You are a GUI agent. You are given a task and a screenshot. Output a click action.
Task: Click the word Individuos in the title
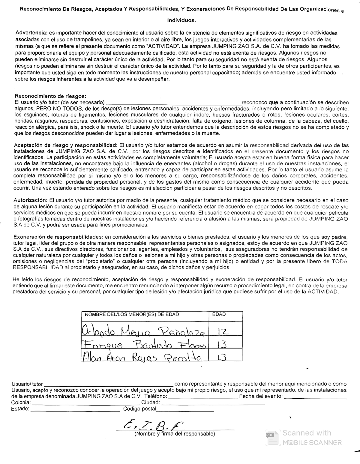[181, 20]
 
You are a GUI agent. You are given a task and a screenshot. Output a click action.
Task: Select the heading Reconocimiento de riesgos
[50, 96]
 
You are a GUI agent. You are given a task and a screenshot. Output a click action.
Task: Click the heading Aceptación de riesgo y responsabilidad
[66, 145]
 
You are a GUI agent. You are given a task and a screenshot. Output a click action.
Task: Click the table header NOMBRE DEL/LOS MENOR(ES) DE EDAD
[132, 314]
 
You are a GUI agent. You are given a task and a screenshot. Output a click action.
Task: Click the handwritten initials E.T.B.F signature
[152, 425]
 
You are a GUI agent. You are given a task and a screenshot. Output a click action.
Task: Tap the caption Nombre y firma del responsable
[175, 434]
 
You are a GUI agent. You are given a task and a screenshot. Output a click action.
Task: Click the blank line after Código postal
[185, 411]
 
